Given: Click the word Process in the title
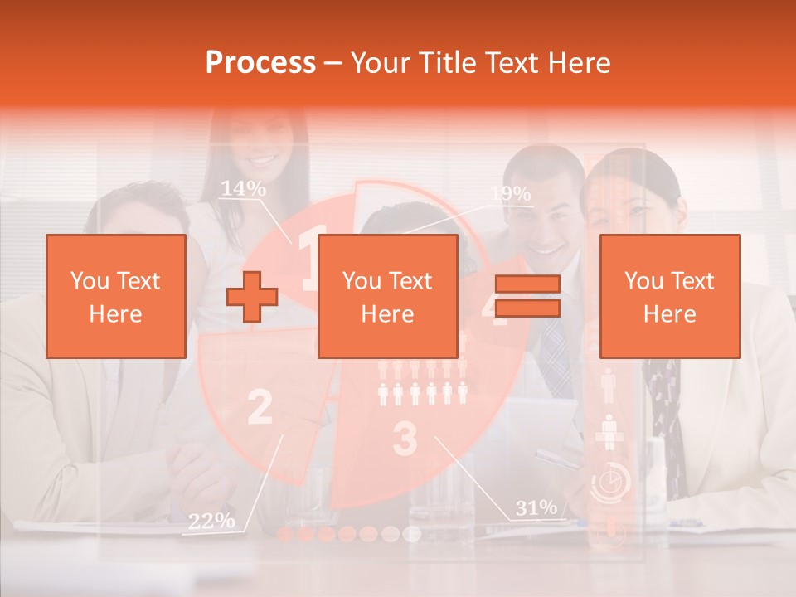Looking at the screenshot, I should pyautogui.click(x=260, y=63).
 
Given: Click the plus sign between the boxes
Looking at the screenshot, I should pyautogui.click(x=252, y=296).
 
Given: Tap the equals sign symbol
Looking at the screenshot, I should pyautogui.click(x=527, y=296).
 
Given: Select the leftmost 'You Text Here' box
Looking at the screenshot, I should pyautogui.click(x=115, y=296).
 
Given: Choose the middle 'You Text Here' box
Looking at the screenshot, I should pyautogui.click(x=387, y=296).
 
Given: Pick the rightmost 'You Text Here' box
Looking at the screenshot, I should pyautogui.click(x=669, y=296).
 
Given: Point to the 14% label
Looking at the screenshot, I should pyautogui.click(x=243, y=189).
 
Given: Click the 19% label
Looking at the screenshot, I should pyautogui.click(x=510, y=194).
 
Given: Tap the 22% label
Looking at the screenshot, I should pyautogui.click(x=211, y=521).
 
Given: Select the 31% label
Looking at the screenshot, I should pyautogui.click(x=536, y=507).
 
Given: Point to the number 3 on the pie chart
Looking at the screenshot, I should pyautogui.click(x=404, y=439).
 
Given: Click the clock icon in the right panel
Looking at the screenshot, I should pyautogui.click(x=610, y=482).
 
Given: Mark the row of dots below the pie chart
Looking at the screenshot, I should pyautogui.click(x=348, y=533).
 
